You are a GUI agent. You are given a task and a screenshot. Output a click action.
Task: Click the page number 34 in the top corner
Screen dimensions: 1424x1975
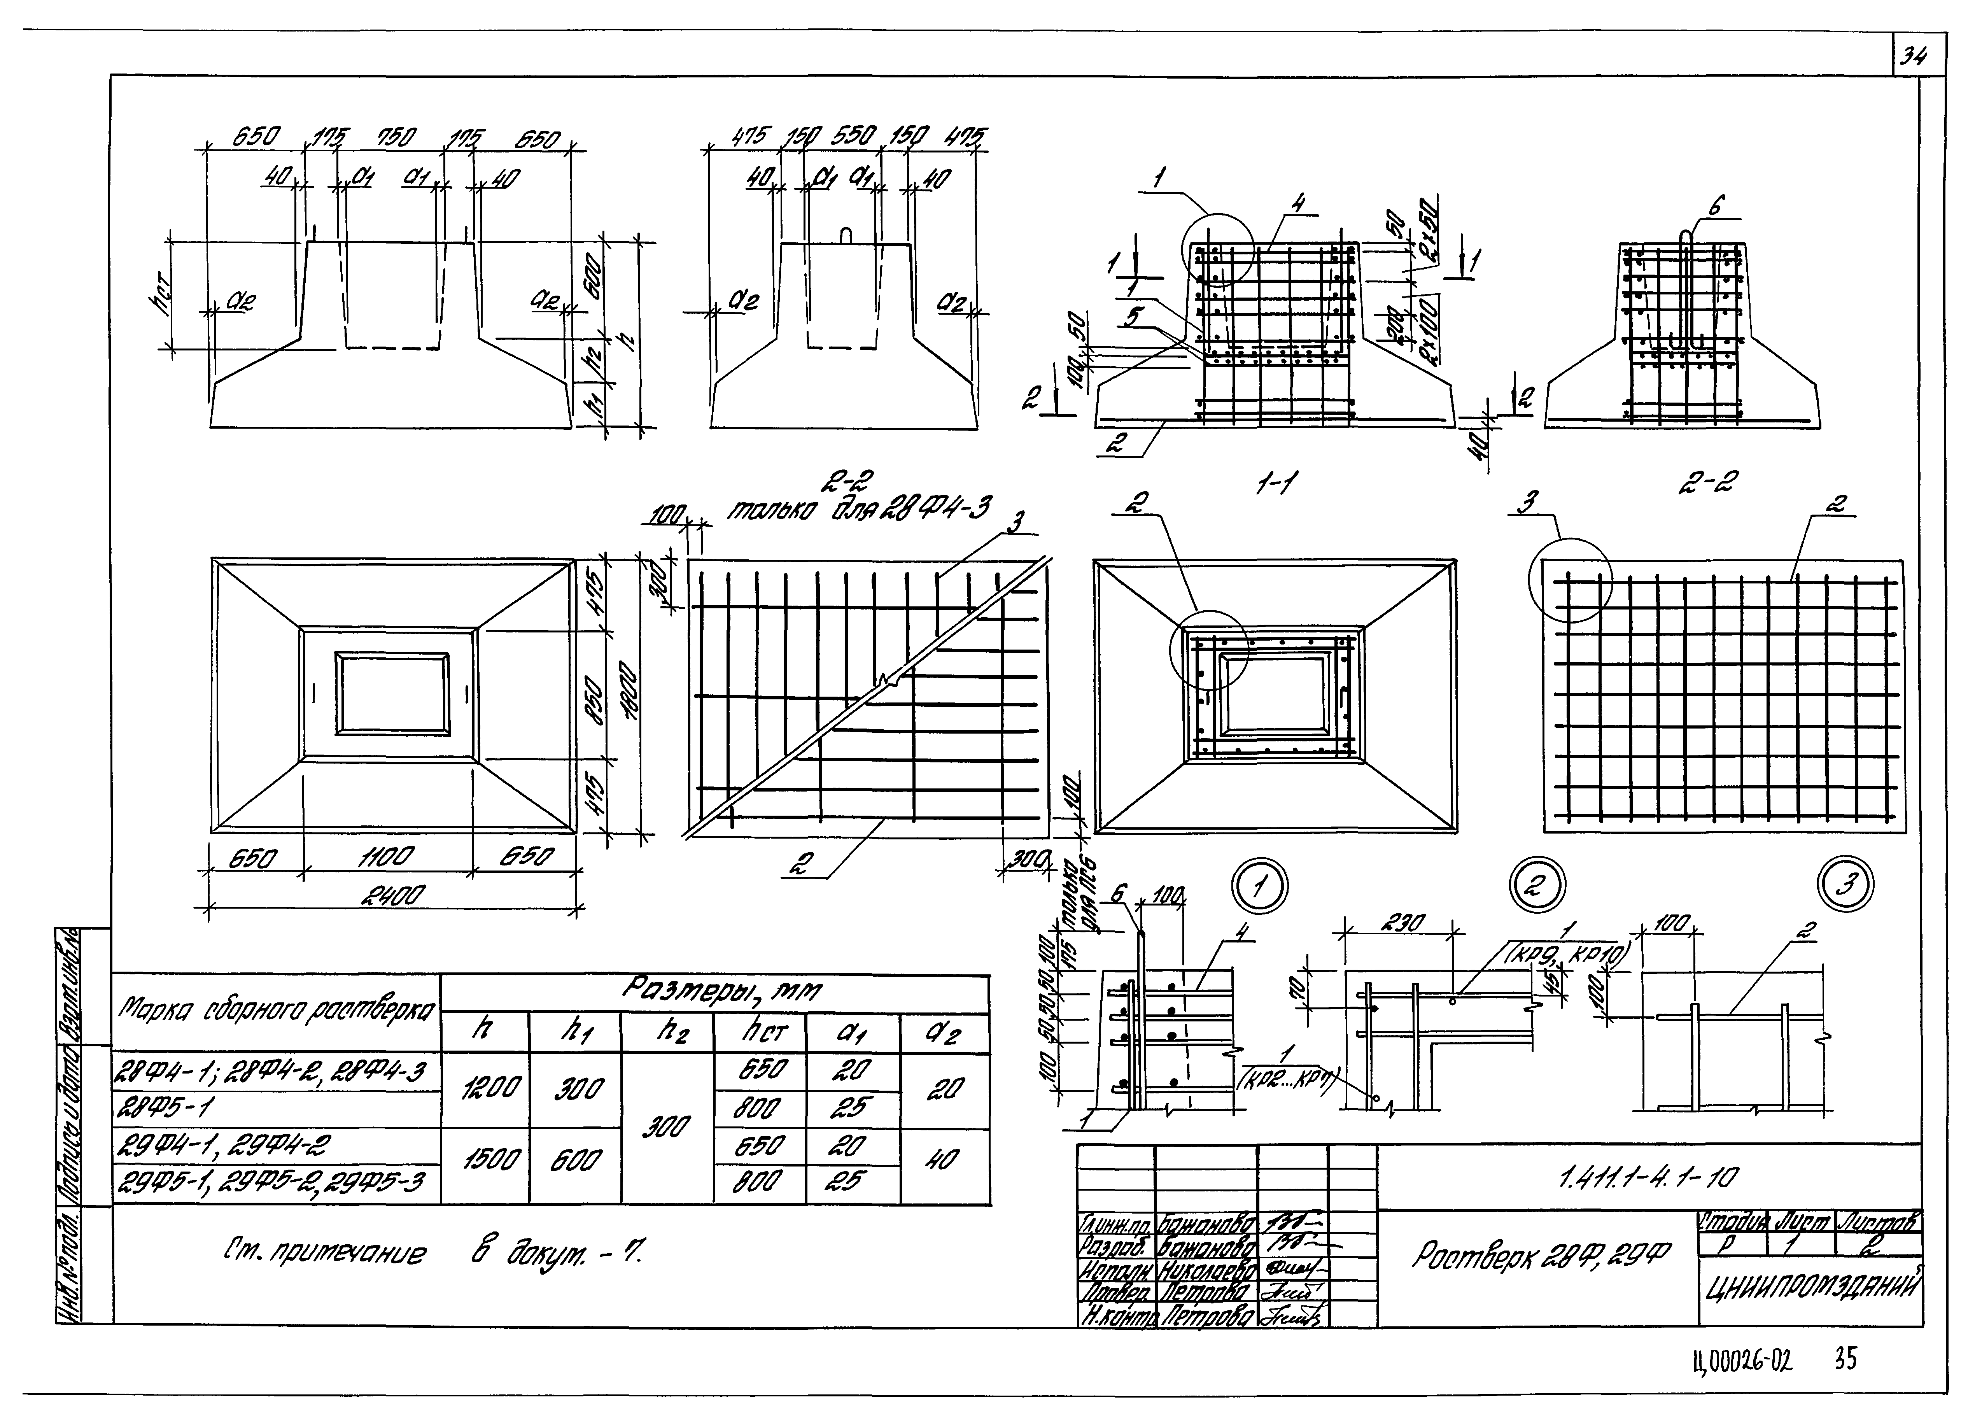click(1913, 58)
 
